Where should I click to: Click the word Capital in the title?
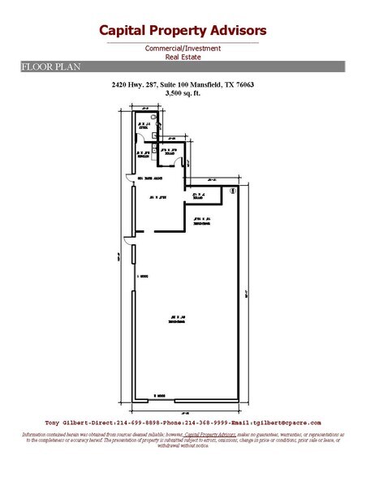(123, 31)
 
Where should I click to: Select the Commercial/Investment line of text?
(183, 48)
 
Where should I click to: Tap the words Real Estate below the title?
(183, 57)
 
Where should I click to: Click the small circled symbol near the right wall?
(233, 191)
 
